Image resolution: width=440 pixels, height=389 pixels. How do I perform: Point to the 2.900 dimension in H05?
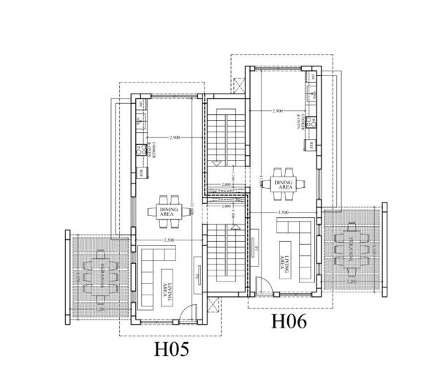click(174, 137)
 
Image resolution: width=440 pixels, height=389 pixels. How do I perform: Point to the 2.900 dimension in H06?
click(277, 111)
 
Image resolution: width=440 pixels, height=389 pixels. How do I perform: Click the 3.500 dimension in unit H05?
click(169, 240)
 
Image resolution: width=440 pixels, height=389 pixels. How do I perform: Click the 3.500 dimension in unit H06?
click(284, 212)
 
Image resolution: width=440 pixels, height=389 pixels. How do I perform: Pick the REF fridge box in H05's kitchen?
click(140, 173)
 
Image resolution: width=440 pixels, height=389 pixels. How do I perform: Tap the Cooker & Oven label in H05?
click(148, 148)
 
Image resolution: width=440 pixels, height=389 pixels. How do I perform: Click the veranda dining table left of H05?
click(96, 279)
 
